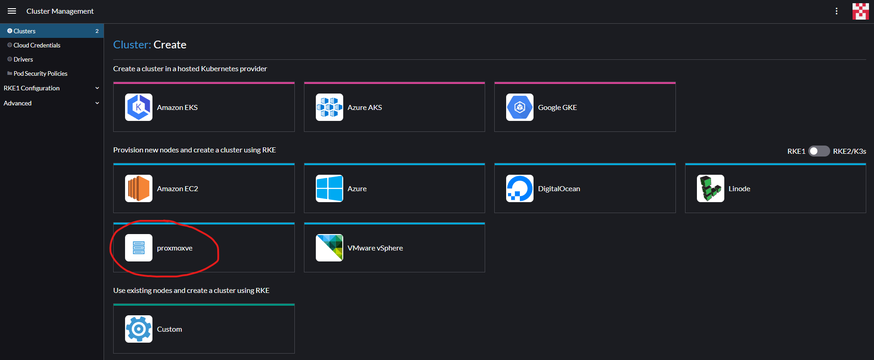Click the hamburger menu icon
[x=12, y=11]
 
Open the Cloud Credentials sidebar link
[x=37, y=45]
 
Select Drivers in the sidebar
[x=23, y=59]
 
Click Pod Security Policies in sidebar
[x=40, y=73]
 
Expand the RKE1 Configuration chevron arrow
[x=97, y=88]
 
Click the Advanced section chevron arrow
[x=97, y=103]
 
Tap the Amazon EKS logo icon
[x=139, y=107]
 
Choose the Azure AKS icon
[x=329, y=107]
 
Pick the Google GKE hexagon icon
[x=519, y=107]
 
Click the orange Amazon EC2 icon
[x=139, y=188]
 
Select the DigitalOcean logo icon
[x=519, y=188]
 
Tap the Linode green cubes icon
[x=710, y=188]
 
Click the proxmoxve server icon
[x=139, y=248]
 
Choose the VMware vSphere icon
[x=329, y=248]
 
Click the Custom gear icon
[x=139, y=329]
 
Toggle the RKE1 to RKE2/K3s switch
[x=819, y=151]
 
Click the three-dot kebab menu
[x=836, y=11]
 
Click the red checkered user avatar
[x=860, y=11]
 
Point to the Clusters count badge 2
[x=97, y=31]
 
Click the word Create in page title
[x=170, y=45]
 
